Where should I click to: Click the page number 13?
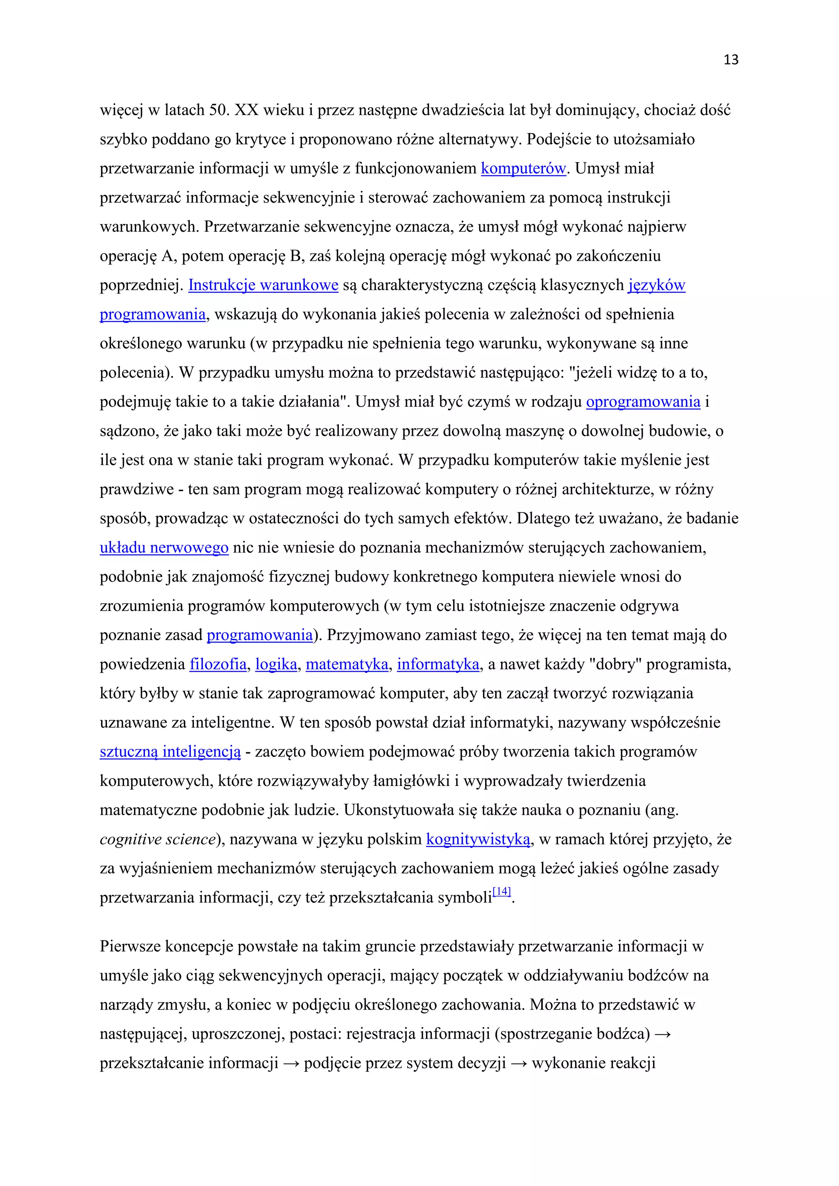click(x=730, y=60)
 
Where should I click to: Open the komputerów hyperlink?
click(x=523, y=168)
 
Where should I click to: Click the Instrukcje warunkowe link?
click(x=263, y=285)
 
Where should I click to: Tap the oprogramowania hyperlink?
click(x=643, y=402)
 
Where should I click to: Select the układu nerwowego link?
click(x=164, y=548)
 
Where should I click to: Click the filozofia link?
click(x=218, y=664)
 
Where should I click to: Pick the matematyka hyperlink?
click(x=347, y=664)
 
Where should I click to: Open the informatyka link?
click(x=438, y=664)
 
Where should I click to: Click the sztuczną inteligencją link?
click(x=170, y=751)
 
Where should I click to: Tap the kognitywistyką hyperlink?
click(x=478, y=840)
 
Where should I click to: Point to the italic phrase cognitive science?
click(x=157, y=840)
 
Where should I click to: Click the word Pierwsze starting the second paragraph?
click(x=130, y=946)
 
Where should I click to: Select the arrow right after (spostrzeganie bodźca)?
click(x=662, y=1034)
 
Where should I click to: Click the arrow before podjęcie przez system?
click(x=291, y=1063)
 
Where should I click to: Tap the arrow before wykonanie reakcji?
click(x=519, y=1063)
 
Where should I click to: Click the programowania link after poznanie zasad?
click(x=259, y=635)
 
